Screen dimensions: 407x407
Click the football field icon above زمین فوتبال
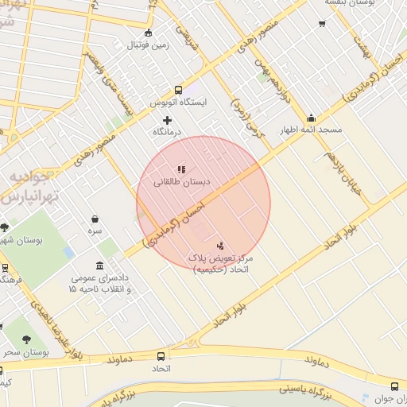point(149,33)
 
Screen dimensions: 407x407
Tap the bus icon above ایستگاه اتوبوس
point(178,90)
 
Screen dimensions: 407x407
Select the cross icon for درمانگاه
point(167,119)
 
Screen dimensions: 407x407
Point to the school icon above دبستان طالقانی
point(181,169)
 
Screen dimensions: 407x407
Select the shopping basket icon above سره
point(95,219)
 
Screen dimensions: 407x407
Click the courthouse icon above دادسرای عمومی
point(99,265)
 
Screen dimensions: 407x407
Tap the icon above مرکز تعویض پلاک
point(220,246)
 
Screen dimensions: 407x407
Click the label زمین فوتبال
point(151,46)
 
